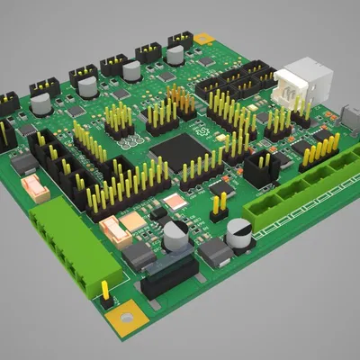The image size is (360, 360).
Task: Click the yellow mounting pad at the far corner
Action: tap(205, 39)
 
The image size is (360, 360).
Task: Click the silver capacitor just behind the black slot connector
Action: tap(175, 233)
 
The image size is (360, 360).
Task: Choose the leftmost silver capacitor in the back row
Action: tap(41, 103)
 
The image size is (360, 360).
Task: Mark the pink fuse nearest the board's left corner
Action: tap(36, 186)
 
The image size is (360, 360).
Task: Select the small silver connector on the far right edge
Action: tap(350, 116)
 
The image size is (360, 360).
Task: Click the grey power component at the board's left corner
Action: tap(23, 165)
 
